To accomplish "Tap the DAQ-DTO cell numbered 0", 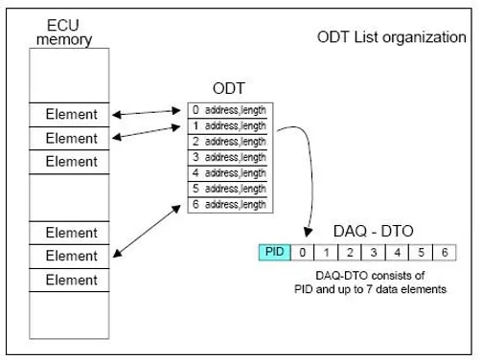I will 304,252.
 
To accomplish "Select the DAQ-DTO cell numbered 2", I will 351,252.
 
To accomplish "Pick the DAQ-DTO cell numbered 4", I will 398,252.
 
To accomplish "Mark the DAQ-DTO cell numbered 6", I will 444,252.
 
